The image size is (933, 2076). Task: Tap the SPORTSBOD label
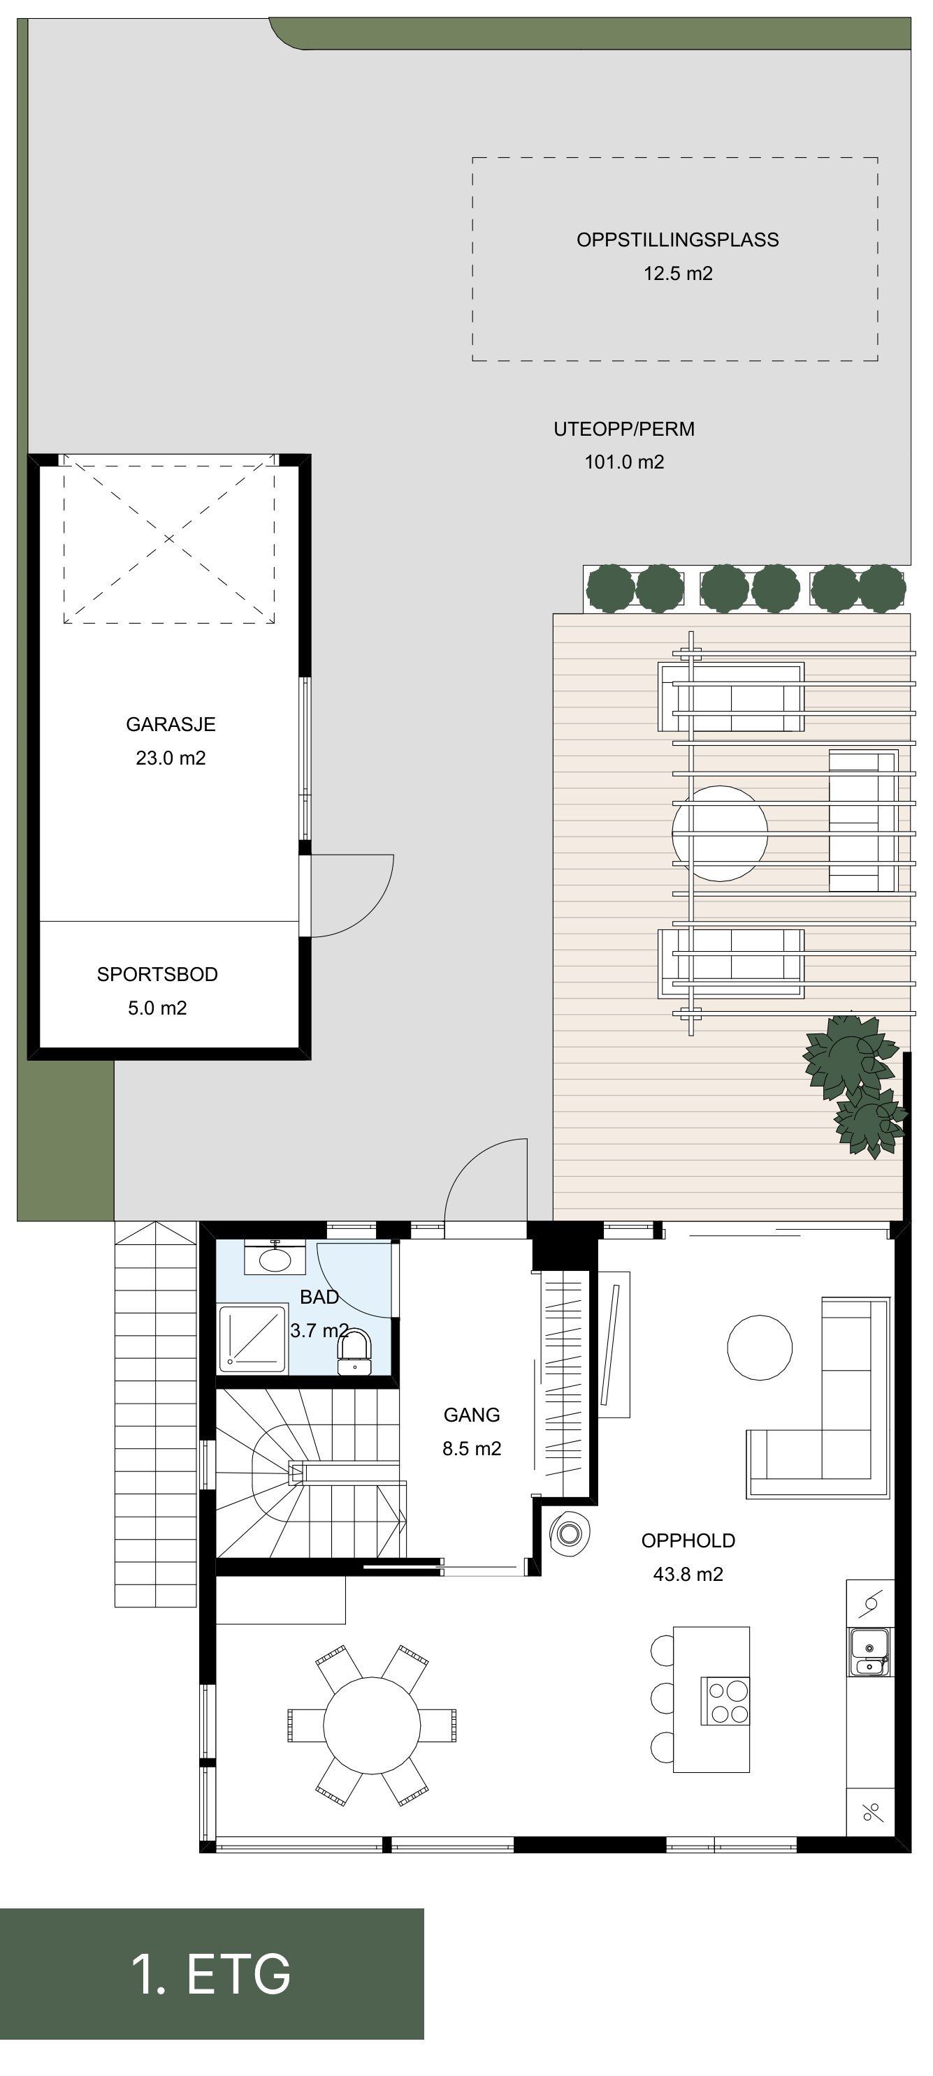(x=157, y=973)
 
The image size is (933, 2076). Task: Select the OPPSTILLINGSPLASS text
(x=677, y=240)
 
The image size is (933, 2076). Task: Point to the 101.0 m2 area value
(x=624, y=462)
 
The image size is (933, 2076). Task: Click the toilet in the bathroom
(x=355, y=1351)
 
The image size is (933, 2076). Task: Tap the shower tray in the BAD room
(x=252, y=1339)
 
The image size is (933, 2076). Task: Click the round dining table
(x=372, y=1725)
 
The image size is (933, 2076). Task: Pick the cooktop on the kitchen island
(x=725, y=1700)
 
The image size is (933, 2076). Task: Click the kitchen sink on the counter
(x=869, y=1651)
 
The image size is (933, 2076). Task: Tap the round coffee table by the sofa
(x=760, y=1347)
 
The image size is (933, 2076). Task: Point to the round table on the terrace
(x=720, y=833)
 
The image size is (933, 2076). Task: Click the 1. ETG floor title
(x=211, y=1973)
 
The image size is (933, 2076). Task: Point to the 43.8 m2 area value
(x=688, y=1574)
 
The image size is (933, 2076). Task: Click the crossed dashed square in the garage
(x=169, y=538)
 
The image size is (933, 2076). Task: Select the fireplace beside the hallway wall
(x=570, y=1533)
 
